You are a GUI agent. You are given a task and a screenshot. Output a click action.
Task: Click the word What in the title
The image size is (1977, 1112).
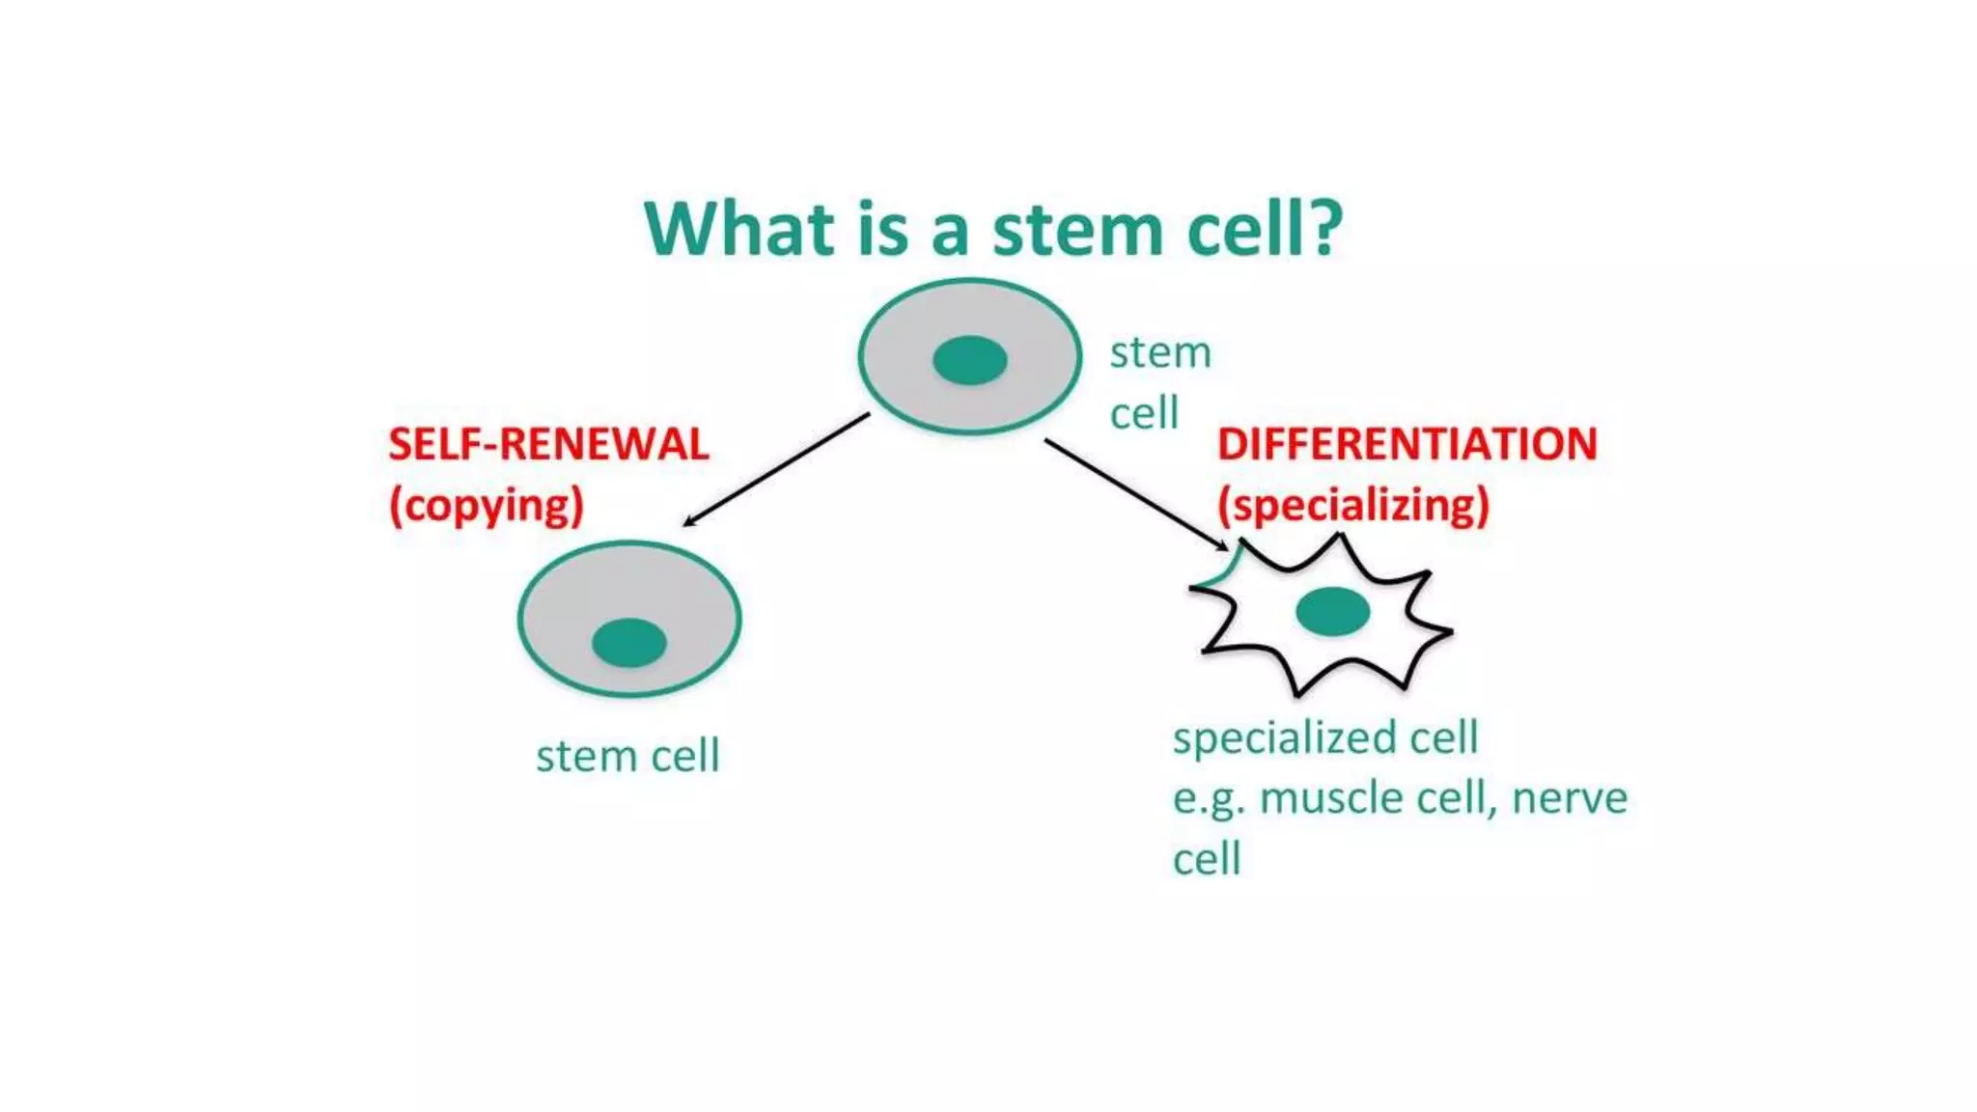(x=739, y=230)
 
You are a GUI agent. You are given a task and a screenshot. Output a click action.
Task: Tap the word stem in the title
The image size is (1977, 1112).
(x=1078, y=232)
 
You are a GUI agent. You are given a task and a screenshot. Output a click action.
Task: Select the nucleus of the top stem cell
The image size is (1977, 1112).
(x=970, y=360)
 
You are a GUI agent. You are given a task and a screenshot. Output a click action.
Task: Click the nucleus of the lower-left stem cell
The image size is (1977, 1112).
(x=628, y=643)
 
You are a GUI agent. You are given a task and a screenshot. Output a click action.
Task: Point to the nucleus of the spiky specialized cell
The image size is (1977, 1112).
(x=1332, y=611)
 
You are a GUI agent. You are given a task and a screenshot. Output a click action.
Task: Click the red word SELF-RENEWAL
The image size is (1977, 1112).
(x=548, y=445)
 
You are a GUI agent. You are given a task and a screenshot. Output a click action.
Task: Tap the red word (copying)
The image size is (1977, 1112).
(x=487, y=506)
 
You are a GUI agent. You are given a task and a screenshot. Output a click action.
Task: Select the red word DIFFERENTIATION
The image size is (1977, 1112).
(x=1406, y=445)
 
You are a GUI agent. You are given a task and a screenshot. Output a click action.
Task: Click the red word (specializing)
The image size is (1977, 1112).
(x=1353, y=506)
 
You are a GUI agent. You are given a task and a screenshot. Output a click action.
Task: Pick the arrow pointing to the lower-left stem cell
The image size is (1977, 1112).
(x=776, y=470)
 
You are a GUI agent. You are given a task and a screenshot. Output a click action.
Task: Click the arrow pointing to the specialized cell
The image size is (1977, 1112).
(x=1135, y=494)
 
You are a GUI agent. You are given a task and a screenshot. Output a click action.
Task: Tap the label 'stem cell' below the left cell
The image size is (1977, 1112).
(x=627, y=756)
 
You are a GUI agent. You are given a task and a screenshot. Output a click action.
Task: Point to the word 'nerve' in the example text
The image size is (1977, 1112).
(x=1569, y=798)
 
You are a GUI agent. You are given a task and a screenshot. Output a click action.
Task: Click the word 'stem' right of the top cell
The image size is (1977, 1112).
(x=1159, y=353)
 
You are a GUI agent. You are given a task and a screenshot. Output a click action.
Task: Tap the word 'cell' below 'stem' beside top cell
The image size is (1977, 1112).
(x=1144, y=414)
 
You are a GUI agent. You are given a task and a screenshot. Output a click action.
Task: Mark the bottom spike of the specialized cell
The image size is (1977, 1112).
(x=1298, y=687)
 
